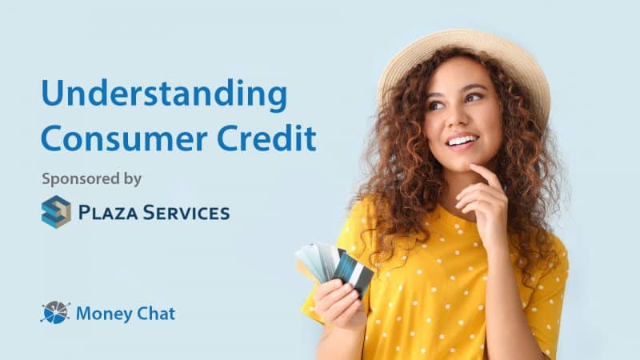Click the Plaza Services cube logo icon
(56, 212)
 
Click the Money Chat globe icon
(54, 313)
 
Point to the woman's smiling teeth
(462, 142)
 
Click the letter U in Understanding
(53, 95)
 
